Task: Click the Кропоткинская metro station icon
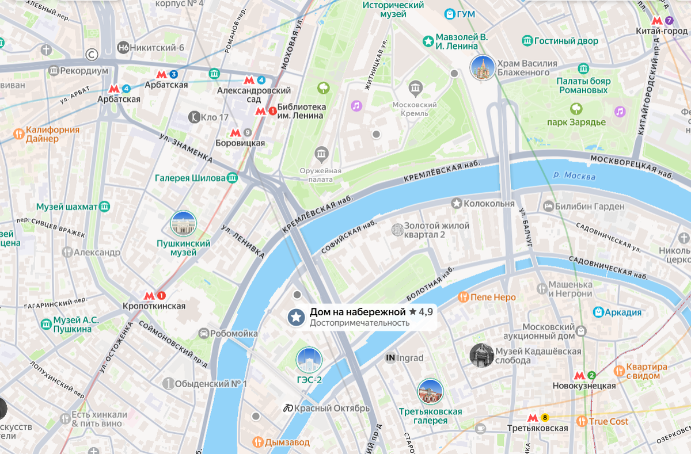(x=149, y=296)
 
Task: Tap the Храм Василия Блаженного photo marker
(x=482, y=68)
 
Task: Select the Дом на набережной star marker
(x=297, y=316)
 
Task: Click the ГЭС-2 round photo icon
(x=309, y=360)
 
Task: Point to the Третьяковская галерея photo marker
(x=430, y=392)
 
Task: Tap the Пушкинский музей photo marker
(x=183, y=224)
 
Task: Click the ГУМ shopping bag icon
(x=450, y=14)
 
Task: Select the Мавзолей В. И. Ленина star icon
(x=428, y=41)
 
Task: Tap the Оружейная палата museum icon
(x=321, y=154)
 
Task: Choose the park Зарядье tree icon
(x=576, y=108)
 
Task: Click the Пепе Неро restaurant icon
(x=463, y=297)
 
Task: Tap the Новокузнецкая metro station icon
(x=579, y=375)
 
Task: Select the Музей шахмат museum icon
(x=104, y=207)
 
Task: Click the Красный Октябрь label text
(x=331, y=408)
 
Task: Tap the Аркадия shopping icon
(x=599, y=312)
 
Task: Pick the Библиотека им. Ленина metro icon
(x=261, y=111)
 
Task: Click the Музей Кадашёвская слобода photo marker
(x=481, y=356)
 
